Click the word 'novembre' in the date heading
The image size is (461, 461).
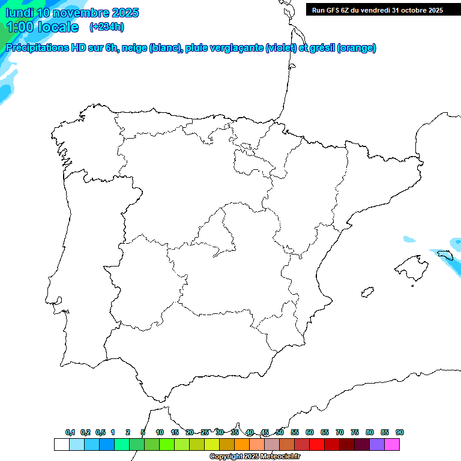pos(86,13)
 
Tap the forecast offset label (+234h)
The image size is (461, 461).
pos(107,26)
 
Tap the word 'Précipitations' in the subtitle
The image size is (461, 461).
pos(37,48)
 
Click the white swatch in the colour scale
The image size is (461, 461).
pos(61,445)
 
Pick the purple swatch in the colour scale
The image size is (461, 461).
pos(377,445)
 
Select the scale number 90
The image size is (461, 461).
pos(400,432)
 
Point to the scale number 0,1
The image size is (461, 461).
pos(70,432)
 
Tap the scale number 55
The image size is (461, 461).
pos(295,432)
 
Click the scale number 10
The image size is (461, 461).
pos(160,432)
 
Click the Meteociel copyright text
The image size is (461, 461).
pos(255,457)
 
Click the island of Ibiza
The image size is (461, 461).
pos(366,292)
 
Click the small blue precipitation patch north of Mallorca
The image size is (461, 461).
pos(409,240)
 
